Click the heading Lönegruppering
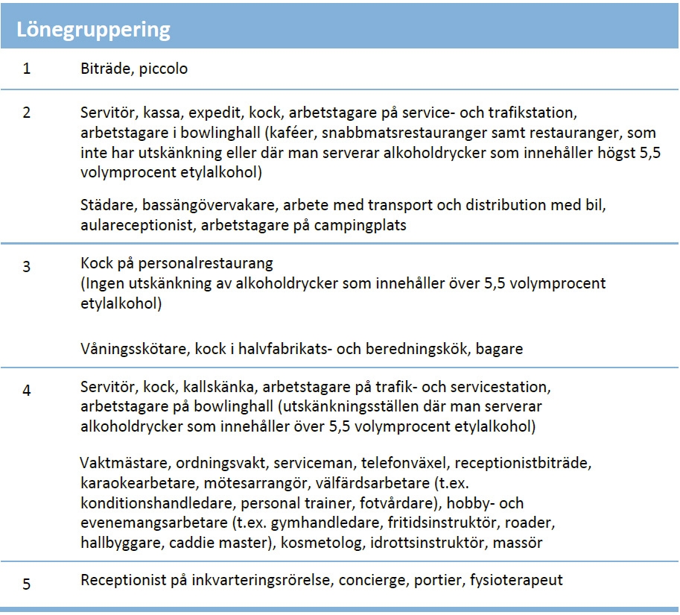[94, 30]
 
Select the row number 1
[27, 69]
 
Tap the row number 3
[27, 266]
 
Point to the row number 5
[27, 584]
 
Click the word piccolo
[163, 69]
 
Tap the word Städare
[107, 205]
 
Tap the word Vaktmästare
[124, 463]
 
